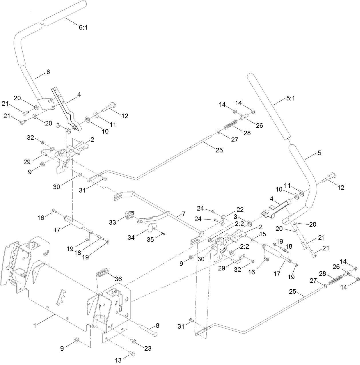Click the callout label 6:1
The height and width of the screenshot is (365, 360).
coord(83,28)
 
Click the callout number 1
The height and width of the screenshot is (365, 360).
coord(35,325)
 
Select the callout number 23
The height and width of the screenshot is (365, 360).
coord(148,348)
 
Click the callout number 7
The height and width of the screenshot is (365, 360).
coord(183,214)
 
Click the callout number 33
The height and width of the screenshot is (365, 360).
coord(112,222)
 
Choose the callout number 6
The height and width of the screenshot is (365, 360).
coord(48,72)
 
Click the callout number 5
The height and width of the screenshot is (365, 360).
coord(319,153)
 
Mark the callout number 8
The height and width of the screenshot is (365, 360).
coord(157,325)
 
